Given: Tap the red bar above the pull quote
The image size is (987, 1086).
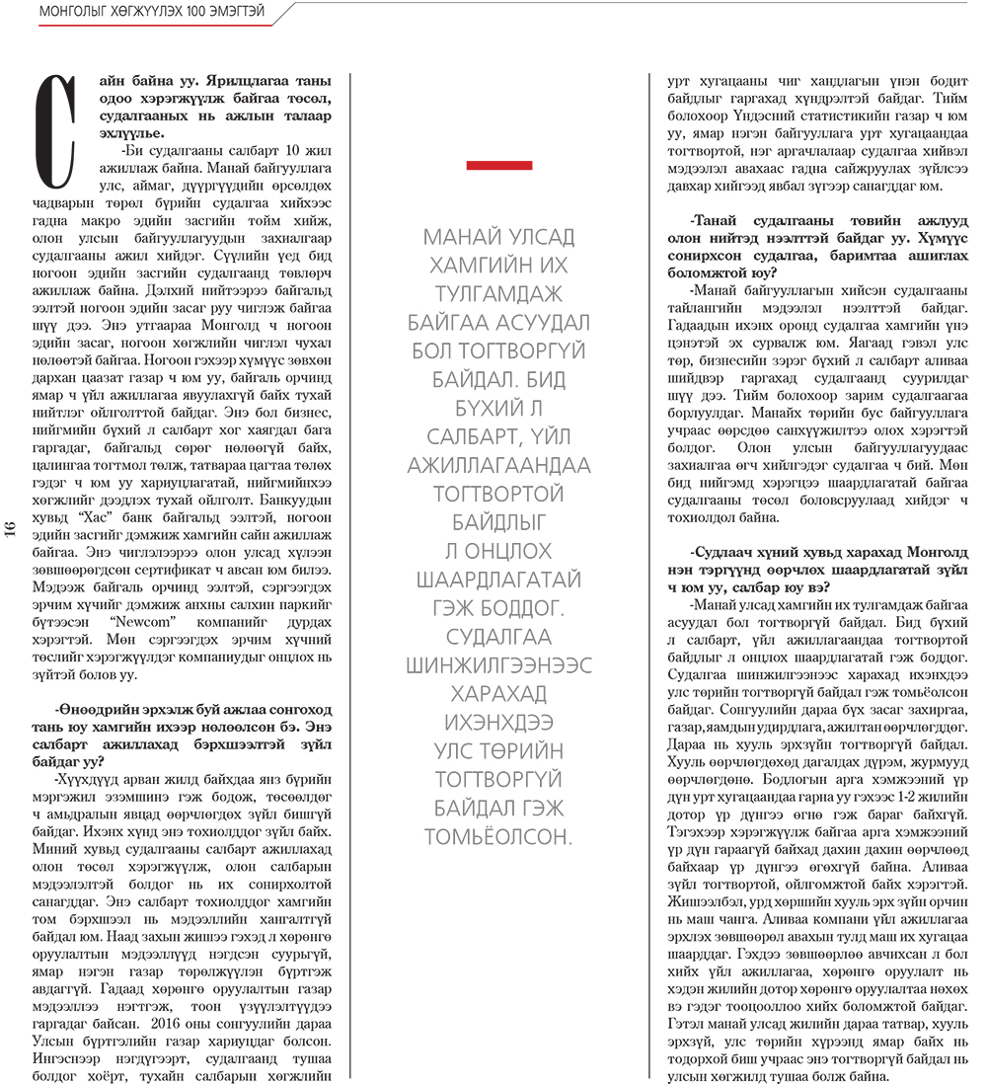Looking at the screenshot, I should click(499, 165).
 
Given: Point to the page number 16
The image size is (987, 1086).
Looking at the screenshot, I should click(11, 528).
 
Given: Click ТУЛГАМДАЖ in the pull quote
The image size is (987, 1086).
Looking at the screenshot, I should click(499, 293).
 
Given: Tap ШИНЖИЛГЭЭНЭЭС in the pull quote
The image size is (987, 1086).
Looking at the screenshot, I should click(499, 665).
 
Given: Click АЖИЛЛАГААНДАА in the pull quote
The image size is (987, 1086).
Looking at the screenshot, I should click(499, 465).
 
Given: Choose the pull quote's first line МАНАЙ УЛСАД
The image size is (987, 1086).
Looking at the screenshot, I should click(499, 237).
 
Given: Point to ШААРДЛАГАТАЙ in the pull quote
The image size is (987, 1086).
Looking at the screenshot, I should click(499, 580).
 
